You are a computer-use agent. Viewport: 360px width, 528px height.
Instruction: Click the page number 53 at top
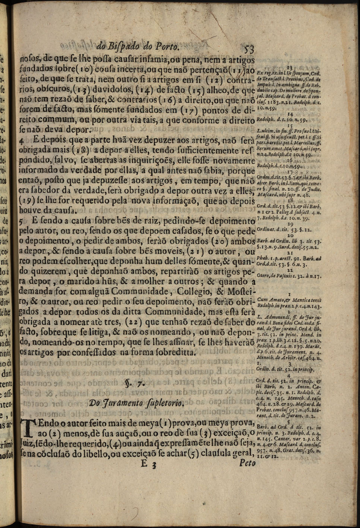pos(248,49)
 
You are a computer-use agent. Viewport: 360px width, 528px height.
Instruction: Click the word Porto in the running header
pos(167,47)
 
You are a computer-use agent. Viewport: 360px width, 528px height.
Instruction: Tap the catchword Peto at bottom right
pos(248,463)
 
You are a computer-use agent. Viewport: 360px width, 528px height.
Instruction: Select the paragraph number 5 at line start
pos(22,221)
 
